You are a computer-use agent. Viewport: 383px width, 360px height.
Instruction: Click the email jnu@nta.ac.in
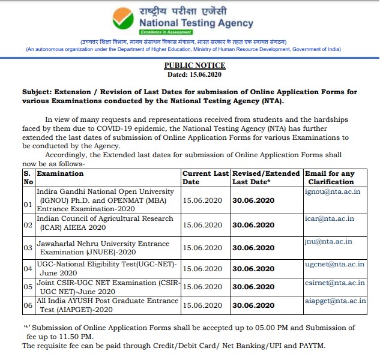[x=328, y=241]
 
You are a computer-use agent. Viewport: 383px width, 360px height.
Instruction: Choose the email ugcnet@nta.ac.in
[x=334, y=264]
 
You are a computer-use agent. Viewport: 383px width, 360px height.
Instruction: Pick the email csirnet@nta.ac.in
[x=334, y=283]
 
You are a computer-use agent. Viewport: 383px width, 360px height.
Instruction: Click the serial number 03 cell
[x=27, y=248]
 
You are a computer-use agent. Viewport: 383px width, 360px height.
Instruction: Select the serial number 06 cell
[x=27, y=305]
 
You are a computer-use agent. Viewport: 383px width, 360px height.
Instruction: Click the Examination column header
[x=60, y=173]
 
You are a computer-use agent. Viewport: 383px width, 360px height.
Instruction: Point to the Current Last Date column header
[x=205, y=177]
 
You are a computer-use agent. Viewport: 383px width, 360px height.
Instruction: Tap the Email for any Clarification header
[x=331, y=177]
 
